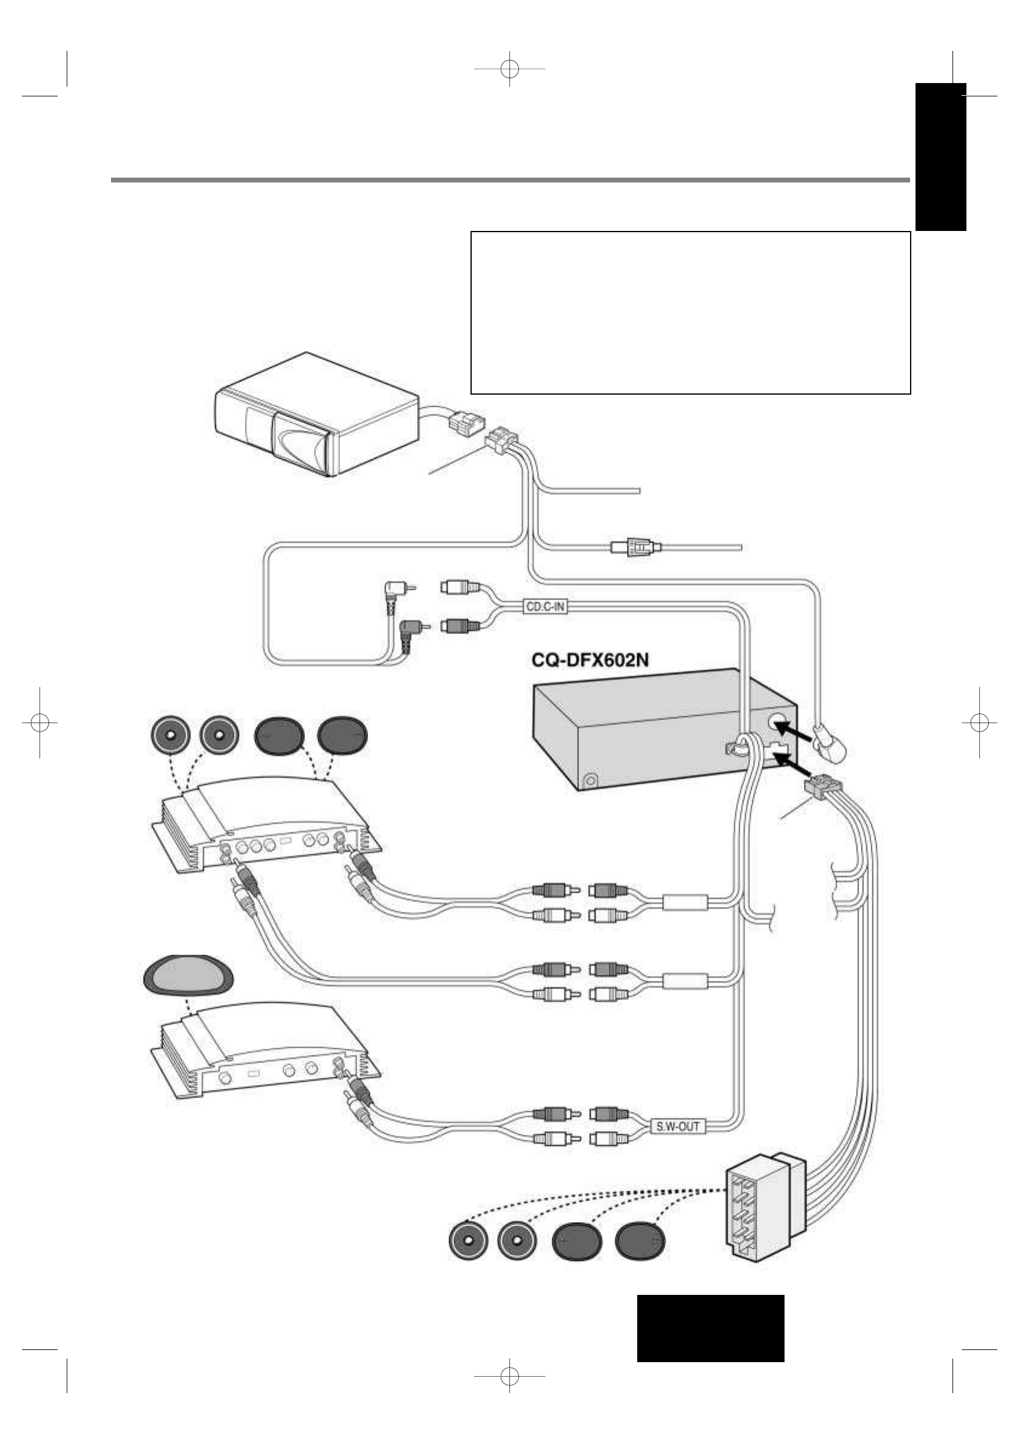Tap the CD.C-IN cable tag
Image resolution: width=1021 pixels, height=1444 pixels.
point(546,607)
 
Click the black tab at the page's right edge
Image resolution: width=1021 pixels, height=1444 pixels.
point(940,157)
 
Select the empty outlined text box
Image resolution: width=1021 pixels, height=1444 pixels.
point(690,313)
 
